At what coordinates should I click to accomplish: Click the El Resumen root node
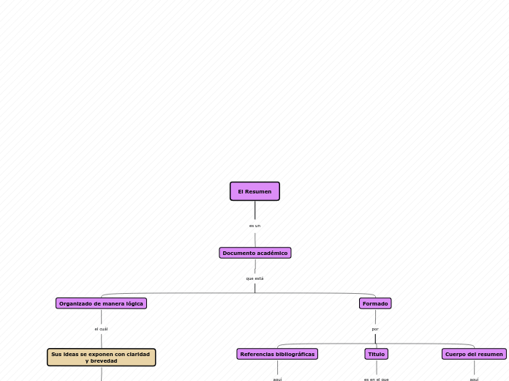(x=254, y=191)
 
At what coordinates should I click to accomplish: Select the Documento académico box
(x=254, y=253)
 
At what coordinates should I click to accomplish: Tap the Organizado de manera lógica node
(x=101, y=303)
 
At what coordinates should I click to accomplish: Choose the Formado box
(x=375, y=303)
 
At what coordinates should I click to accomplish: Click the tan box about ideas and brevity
(x=101, y=358)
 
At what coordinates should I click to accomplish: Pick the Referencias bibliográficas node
(x=277, y=354)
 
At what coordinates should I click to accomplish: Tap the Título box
(x=376, y=354)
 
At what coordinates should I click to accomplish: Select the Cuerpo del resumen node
(x=474, y=354)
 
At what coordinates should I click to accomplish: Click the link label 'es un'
(x=254, y=226)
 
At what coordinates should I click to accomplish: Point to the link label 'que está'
(x=254, y=278)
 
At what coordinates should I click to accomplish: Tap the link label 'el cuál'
(x=101, y=329)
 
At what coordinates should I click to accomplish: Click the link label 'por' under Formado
(x=375, y=329)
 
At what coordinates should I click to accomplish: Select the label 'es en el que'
(x=376, y=379)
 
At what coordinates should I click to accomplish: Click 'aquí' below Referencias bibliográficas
(x=277, y=379)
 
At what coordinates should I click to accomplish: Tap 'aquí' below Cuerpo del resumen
(x=474, y=379)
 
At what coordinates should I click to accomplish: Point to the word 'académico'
(x=271, y=253)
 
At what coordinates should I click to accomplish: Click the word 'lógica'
(x=134, y=303)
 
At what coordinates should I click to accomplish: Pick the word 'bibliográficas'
(x=295, y=354)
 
